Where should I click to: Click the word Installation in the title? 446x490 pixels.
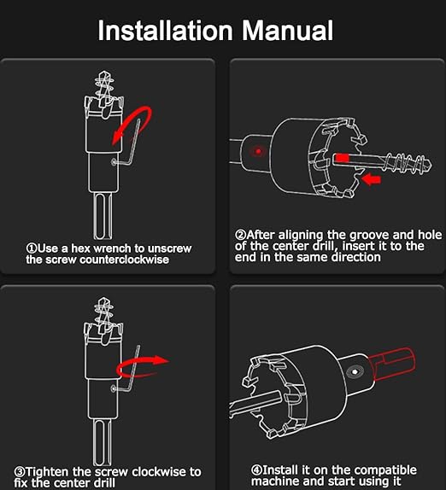point(166,31)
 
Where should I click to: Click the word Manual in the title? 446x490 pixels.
point(288,31)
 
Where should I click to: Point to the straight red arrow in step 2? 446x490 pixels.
point(371,179)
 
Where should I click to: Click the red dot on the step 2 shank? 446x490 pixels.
point(258,151)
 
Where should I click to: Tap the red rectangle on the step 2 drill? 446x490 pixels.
point(342,158)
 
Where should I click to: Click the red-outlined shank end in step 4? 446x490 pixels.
point(392,364)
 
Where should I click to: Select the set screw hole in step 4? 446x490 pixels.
point(355,372)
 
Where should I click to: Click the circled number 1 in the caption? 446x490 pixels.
point(32,248)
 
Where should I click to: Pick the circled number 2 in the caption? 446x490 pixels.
point(240,235)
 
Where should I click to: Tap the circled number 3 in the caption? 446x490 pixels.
point(20,471)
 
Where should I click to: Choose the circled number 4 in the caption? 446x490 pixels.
point(257,470)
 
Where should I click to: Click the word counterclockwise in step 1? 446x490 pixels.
point(124,260)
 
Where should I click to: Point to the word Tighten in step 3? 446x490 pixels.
point(47,472)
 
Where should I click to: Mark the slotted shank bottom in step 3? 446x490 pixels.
point(103,442)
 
